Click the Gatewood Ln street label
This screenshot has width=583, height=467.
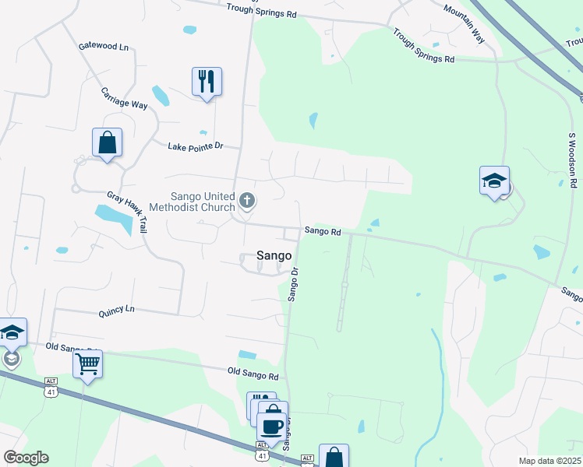[x=104, y=47]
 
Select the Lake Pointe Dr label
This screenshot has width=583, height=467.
[x=196, y=146]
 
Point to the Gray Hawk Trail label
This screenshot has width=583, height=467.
[x=138, y=212]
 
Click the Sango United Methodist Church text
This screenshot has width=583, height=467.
[x=203, y=202]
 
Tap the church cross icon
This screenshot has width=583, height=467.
[x=247, y=202]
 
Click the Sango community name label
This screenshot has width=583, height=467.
[x=274, y=255]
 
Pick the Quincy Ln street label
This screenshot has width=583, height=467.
[x=116, y=310]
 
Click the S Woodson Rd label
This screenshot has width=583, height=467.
[x=571, y=161]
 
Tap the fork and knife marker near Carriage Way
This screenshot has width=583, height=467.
[x=207, y=80]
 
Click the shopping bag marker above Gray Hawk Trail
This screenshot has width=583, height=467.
[x=107, y=142]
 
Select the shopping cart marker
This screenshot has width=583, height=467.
[x=87, y=363]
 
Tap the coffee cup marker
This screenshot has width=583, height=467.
[x=272, y=427]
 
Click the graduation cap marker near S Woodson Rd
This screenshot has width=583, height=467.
[x=494, y=181]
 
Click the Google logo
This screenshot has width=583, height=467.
[x=26, y=458]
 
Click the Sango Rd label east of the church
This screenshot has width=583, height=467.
[x=323, y=231]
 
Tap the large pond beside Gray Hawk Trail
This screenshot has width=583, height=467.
[x=114, y=217]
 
